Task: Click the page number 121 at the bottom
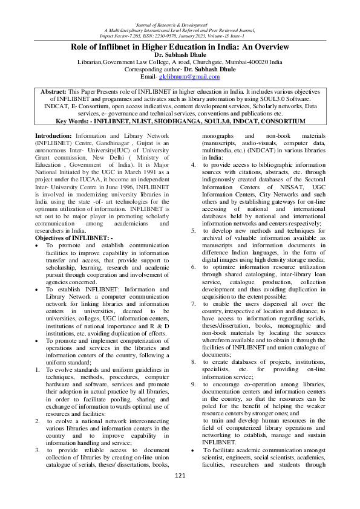pos(180,494)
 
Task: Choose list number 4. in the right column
pos(192,164)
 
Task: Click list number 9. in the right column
pos(192,383)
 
